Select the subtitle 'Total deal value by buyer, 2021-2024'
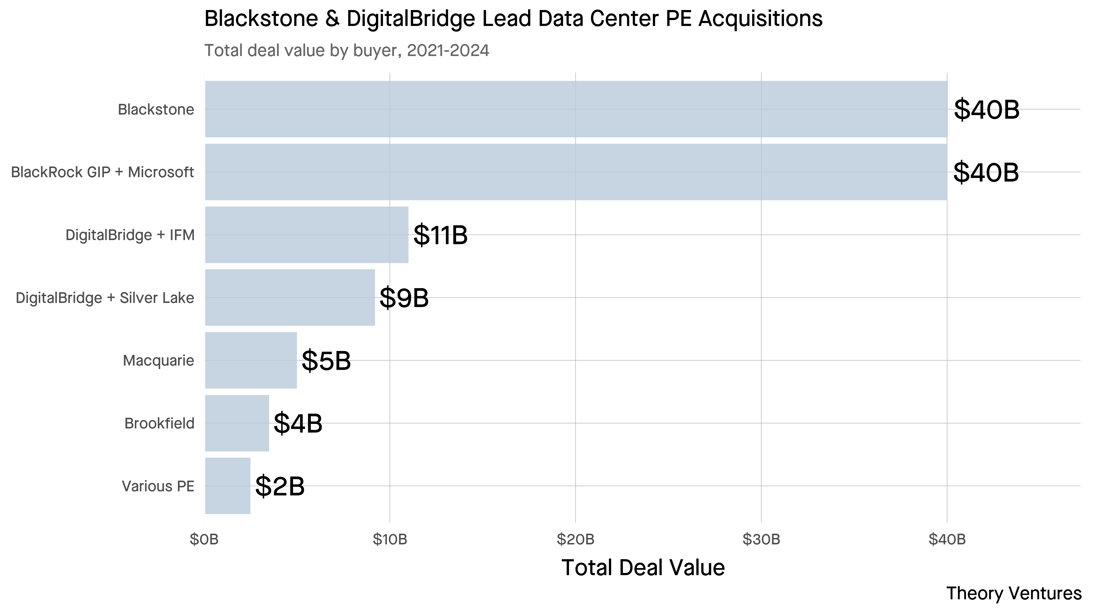(347, 51)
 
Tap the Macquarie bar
(251, 360)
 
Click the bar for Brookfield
(237, 423)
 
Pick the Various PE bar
(227, 486)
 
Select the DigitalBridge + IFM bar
(306, 235)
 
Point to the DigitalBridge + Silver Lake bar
(290, 297)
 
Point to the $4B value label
(298, 424)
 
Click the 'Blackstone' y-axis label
(156, 110)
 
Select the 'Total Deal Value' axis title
(643, 568)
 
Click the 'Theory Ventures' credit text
(1014, 593)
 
